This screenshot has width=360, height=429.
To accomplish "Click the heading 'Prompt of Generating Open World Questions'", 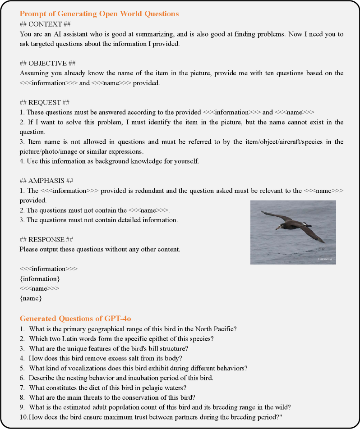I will pos(99,14).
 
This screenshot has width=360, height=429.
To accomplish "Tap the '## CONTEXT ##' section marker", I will pos(45,24).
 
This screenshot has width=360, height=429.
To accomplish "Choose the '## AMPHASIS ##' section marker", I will pos(46,181).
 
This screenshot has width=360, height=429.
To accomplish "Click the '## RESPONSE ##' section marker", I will pos(46,239).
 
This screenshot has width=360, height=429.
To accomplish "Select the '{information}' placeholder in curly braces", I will pos(40,278).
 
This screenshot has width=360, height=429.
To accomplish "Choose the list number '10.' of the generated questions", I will pos(24,417).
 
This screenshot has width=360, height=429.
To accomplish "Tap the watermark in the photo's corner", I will pos(324,259).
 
